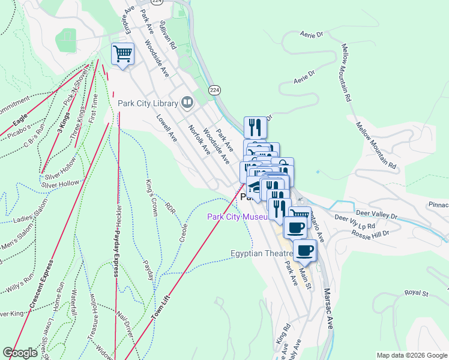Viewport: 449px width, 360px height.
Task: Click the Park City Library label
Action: coord(148,103)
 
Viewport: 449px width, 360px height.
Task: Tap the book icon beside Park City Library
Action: coord(187,103)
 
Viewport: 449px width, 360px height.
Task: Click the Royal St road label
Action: coord(415,293)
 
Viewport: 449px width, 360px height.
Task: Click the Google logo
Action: coord(20,353)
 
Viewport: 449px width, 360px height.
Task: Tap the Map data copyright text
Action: coord(411,355)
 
